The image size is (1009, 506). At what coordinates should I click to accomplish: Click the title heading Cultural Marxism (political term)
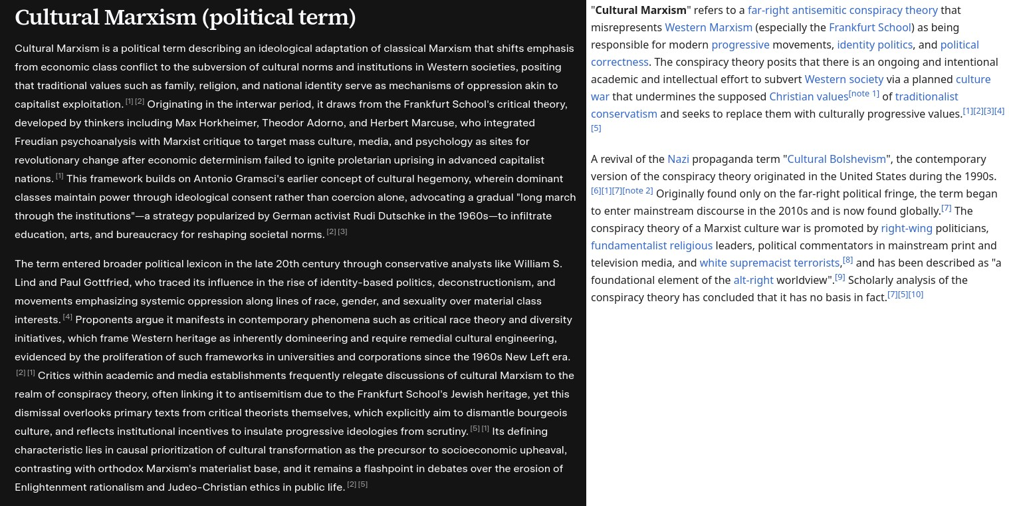click(185, 17)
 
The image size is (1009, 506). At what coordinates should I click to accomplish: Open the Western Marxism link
click(709, 27)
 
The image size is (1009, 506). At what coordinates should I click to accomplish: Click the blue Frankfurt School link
click(870, 27)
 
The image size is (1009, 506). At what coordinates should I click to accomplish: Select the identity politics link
click(875, 45)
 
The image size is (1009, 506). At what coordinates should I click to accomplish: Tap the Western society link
click(844, 79)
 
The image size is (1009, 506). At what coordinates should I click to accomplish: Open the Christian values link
click(808, 96)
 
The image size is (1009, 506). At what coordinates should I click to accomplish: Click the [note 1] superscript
click(864, 94)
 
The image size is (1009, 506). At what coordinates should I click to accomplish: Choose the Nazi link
click(678, 159)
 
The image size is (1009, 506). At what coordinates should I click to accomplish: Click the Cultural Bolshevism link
click(836, 159)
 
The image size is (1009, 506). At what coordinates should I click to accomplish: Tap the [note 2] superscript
click(637, 191)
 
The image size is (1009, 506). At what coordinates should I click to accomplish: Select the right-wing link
click(907, 228)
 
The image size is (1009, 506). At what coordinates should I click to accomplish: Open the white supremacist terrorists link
click(769, 263)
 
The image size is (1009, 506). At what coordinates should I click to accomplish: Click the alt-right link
click(753, 280)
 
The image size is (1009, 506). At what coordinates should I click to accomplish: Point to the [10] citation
click(916, 295)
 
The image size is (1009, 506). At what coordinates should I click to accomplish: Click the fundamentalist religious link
click(651, 245)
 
